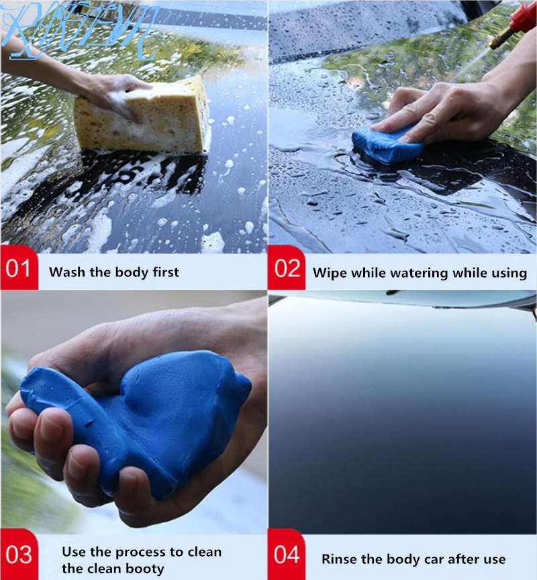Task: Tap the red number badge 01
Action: coord(19,271)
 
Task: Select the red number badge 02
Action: coord(287,271)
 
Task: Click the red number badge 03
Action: coord(19,555)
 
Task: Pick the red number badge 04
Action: coord(287,555)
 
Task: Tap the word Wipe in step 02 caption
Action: coord(329,273)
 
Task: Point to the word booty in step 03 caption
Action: coord(145,569)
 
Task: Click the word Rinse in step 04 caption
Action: coord(339,559)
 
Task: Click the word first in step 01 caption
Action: coord(164,272)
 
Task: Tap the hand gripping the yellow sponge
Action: coord(111,91)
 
